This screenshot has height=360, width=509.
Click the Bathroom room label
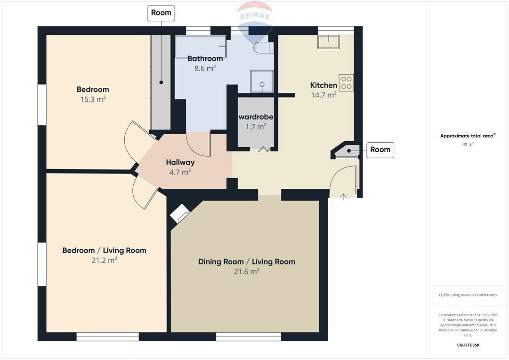(205, 59)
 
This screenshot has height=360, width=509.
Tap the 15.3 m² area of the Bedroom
(93, 99)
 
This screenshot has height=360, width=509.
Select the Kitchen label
(324, 85)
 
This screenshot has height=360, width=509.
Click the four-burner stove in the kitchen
(346, 83)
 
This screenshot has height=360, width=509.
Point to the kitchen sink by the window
(329, 42)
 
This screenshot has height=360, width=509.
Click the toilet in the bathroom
(263, 48)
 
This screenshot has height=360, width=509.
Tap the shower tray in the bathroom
(261, 81)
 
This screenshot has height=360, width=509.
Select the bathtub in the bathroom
(201, 46)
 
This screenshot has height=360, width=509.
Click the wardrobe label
(256, 117)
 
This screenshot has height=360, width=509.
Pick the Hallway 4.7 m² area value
(180, 172)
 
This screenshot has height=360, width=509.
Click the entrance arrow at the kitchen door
(343, 196)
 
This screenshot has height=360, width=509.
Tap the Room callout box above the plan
(161, 13)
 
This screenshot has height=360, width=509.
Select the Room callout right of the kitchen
(380, 150)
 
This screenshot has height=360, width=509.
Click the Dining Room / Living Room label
(247, 262)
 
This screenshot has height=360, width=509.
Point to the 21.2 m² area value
(104, 260)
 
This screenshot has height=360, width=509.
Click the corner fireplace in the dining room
(179, 213)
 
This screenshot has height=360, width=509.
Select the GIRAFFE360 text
(468, 345)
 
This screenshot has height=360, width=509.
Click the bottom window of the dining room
(249, 337)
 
